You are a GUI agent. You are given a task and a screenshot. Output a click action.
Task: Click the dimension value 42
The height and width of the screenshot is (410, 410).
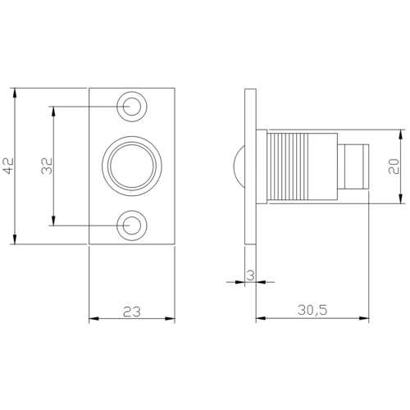click(9, 166)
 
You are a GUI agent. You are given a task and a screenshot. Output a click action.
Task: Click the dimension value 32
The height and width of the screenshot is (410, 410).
click(47, 166)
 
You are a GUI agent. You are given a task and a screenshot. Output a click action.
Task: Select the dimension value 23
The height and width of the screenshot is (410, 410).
click(132, 312)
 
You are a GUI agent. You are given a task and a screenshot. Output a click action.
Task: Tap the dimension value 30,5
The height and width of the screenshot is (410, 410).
click(312, 310)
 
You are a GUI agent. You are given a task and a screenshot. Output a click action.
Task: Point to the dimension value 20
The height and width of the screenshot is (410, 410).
click(394, 166)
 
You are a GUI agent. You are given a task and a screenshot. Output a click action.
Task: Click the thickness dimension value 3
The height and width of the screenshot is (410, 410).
click(250, 276)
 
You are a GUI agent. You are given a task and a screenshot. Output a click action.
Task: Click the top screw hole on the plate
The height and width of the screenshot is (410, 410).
click(132, 107)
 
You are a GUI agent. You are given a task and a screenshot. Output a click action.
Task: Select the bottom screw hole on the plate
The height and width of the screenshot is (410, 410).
click(132, 225)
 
